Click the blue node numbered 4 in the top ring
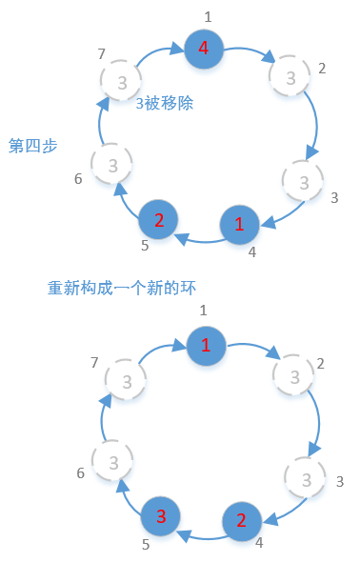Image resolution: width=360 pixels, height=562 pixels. tap(203, 48)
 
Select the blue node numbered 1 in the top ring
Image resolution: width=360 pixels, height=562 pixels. tap(239, 225)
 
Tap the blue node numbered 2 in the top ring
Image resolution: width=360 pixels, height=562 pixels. tap(158, 220)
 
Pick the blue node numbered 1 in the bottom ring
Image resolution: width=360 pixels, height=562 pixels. tap(206, 345)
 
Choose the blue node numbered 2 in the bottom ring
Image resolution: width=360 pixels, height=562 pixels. tap(241, 520)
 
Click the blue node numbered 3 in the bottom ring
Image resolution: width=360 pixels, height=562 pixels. tap(161, 516)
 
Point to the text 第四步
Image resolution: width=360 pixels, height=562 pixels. tap(32, 146)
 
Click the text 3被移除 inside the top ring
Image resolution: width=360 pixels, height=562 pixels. tap(164, 103)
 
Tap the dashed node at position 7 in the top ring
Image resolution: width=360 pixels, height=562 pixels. tap(121, 83)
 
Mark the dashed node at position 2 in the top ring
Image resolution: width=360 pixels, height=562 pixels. tap(289, 73)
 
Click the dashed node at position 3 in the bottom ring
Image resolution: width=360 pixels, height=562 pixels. tap(306, 478)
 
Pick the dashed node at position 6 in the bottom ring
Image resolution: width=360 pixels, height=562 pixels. tap(113, 463)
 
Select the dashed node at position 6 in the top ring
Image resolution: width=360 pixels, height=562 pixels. tap(112, 167)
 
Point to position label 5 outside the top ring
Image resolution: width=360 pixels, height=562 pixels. tap(145, 246)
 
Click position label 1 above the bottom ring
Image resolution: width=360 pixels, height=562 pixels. tap(203, 311)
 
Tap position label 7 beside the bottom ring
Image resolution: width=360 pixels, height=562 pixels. tap(92, 362)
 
